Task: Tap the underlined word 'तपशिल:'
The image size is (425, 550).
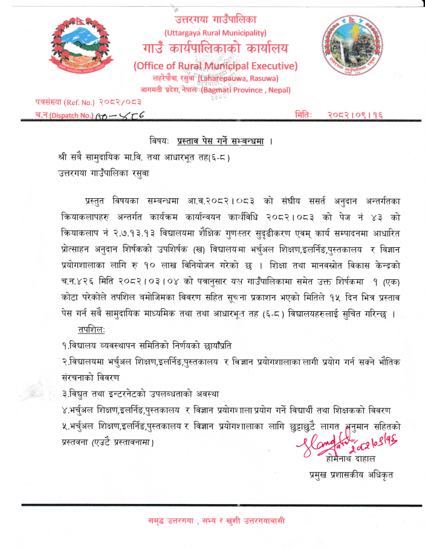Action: coord(90,330)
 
